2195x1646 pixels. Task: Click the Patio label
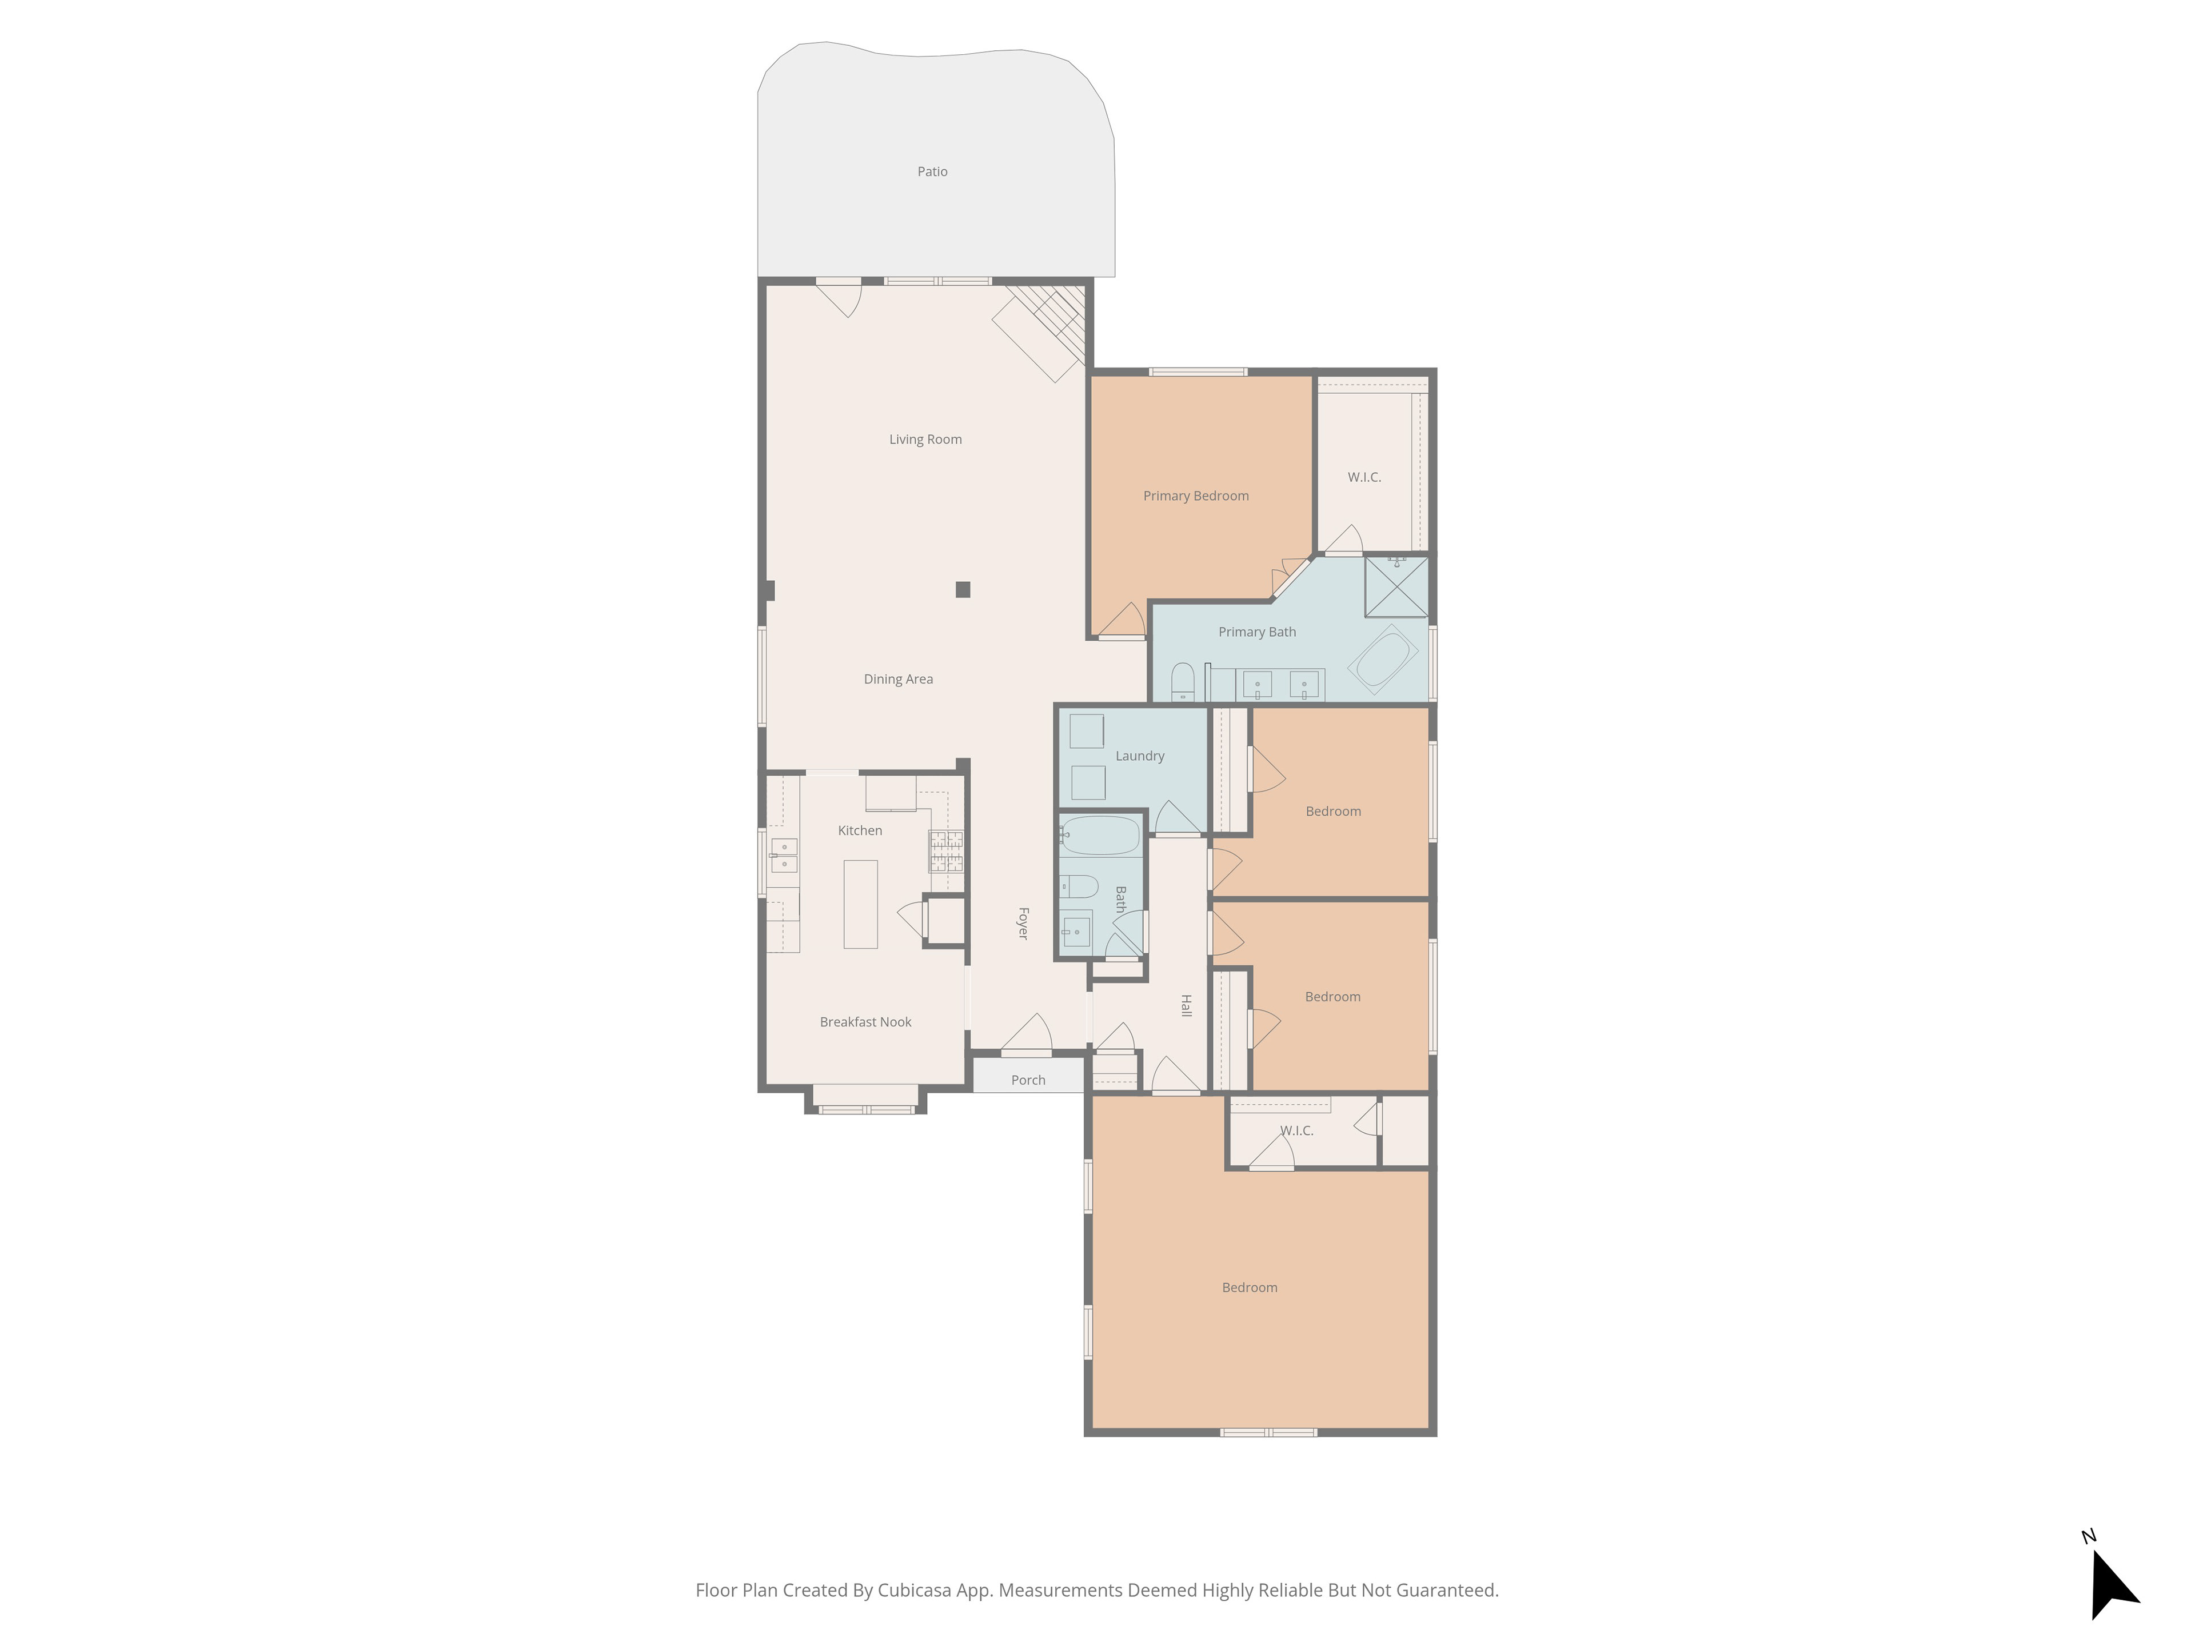tap(932, 171)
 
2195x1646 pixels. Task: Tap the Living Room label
tap(925, 440)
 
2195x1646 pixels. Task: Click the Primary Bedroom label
tap(1196, 496)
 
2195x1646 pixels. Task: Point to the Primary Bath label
tap(1257, 632)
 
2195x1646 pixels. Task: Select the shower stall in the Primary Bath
tap(1396, 586)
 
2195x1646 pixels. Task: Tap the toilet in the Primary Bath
tap(1183, 682)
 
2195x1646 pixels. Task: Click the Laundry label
tap(1139, 756)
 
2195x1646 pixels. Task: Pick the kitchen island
tap(860, 904)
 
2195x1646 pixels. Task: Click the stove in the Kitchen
tap(945, 851)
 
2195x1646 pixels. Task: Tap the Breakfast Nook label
tap(865, 1022)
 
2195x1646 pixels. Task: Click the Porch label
tap(1028, 1080)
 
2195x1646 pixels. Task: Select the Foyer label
tap(1023, 922)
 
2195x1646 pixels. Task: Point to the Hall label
tap(1186, 1005)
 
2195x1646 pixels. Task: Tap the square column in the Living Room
tap(963, 589)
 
